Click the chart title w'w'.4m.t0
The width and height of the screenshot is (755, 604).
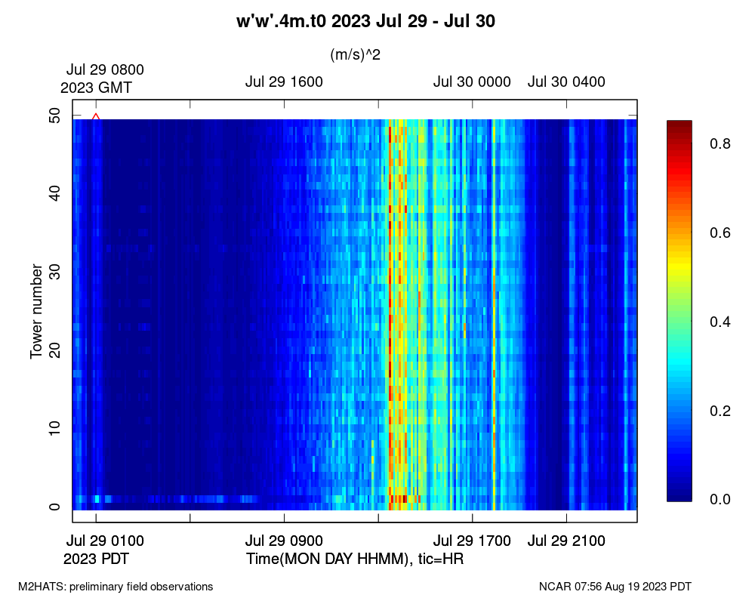365,22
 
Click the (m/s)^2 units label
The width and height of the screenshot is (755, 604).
355,54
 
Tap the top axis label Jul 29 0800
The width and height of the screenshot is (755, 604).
105,69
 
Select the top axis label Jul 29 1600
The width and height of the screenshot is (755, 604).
284,82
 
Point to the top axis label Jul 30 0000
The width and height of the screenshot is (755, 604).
472,82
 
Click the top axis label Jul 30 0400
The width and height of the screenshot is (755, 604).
566,82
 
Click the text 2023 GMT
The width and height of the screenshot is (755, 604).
96,88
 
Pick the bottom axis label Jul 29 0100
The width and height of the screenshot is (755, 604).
105,541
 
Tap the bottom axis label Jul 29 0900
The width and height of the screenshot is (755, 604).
284,541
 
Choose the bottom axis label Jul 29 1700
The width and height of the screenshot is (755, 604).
472,541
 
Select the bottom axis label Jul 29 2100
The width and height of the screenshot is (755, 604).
566,541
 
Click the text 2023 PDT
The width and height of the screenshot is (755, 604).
95,559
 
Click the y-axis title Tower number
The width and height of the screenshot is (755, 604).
35,311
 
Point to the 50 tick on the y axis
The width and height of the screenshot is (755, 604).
55,116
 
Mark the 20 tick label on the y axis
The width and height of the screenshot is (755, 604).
55,350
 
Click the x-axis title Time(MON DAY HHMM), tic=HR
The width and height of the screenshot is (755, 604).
355,559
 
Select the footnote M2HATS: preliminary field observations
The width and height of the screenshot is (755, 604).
116,587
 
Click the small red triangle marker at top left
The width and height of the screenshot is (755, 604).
96,116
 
